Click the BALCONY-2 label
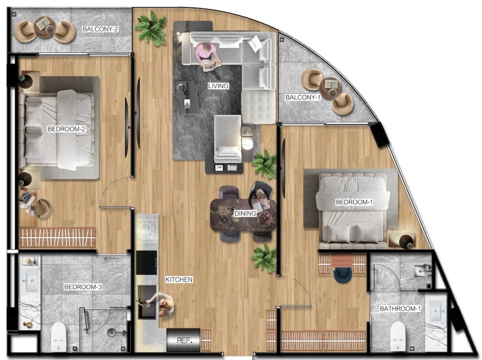pos(100,29)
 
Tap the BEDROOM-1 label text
pos(354,202)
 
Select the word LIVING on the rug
pos(218,86)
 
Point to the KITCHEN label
pos(179,279)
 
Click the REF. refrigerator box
pos(183,340)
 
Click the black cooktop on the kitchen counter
pos(146,263)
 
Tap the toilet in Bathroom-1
pos(398,336)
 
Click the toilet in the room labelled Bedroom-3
pos(58,337)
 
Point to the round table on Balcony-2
pos(45,27)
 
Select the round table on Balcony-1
pos(330,88)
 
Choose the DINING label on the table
pos(245,213)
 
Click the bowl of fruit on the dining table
pos(265,219)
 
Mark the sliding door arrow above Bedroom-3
pos(112,259)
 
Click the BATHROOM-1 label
pos(400,309)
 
